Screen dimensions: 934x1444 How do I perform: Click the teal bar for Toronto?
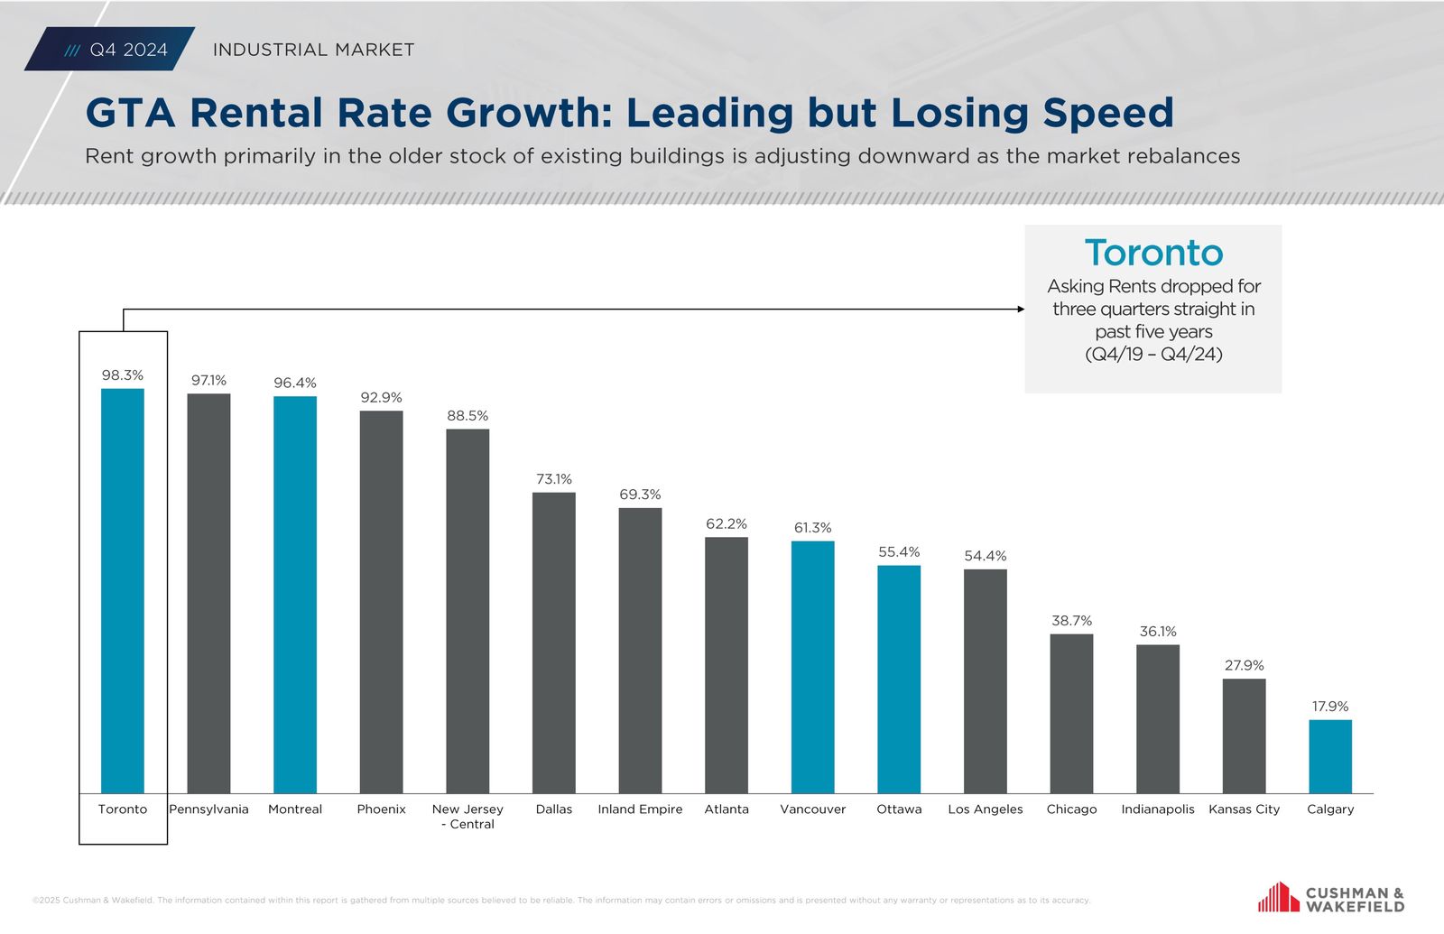pos(123,591)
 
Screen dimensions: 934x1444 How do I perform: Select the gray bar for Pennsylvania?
pos(208,593)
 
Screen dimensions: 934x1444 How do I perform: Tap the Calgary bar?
pos(1330,756)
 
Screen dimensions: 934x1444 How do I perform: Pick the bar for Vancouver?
pos(812,667)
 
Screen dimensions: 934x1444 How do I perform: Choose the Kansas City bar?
pos(1244,735)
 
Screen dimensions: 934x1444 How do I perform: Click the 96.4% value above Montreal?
pos(295,383)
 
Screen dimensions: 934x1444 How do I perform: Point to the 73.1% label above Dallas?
pos(554,479)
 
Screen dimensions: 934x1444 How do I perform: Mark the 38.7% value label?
pos(1071,621)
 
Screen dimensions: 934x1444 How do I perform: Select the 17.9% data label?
pos(1330,707)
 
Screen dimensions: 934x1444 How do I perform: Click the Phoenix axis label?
pos(381,809)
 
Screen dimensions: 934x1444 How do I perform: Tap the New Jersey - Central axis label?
pos(467,817)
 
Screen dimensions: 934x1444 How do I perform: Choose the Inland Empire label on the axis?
pos(640,809)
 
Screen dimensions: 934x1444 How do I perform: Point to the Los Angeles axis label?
pos(985,809)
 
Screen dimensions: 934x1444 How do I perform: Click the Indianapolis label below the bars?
pos(1157,809)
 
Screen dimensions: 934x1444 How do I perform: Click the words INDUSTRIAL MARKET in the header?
pos(313,50)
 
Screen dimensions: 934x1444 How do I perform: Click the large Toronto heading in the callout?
pos(1153,253)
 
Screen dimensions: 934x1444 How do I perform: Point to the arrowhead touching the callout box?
pos(1021,309)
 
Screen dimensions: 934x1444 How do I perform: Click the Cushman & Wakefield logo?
pos(1331,899)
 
